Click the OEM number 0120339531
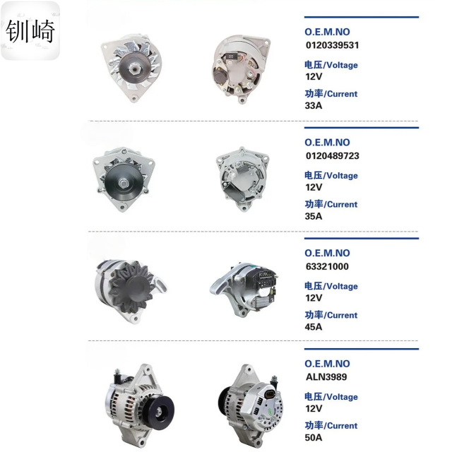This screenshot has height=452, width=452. [x=332, y=45]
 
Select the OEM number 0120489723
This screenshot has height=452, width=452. [x=333, y=156]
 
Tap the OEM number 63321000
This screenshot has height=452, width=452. [x=327, y=267]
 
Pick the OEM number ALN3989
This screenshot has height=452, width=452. [x=326, y=377]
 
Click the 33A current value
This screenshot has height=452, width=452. [x=314, y=106]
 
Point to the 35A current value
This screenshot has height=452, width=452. [x=314, y=216]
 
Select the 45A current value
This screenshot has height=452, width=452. [x=314, y=327]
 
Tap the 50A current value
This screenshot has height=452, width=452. [x=314, y=438]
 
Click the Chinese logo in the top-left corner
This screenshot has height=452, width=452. [x=30, y=31]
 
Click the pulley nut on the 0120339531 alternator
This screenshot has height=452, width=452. [x=134, y=69]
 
